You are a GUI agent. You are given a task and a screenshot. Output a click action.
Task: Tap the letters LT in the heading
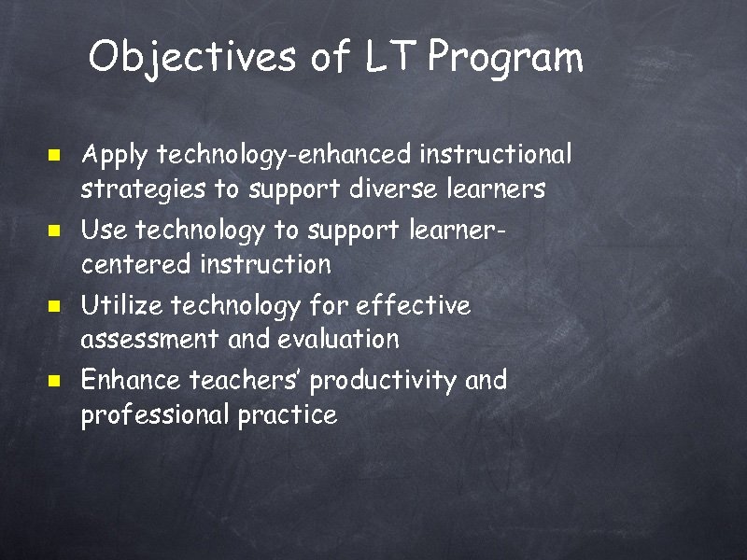tap(388, 58)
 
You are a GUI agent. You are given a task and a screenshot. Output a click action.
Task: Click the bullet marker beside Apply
tap(55, 152)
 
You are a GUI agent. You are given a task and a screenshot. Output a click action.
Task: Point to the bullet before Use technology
tap(55, 228)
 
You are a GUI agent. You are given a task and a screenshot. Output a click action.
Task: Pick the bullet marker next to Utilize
tap(55, 304)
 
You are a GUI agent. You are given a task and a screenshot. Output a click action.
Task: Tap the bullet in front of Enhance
tap(55, 381)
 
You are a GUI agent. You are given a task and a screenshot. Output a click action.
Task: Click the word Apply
tap(116, 153)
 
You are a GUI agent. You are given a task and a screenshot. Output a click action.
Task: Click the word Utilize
tap(120, 305)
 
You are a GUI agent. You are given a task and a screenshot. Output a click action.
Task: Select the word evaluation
tap(338, 340)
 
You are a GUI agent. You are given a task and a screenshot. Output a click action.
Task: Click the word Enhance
tap(132, 381)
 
